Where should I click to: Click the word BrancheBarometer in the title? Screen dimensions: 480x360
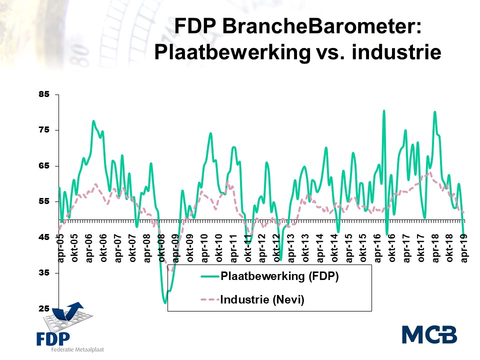click(321, 26)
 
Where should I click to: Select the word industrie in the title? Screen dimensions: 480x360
click(396, 51)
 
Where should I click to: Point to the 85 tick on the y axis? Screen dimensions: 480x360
click(44, 94)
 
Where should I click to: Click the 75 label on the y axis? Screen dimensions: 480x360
click(44, 130)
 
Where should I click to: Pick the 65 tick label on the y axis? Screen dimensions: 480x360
click(44, 165)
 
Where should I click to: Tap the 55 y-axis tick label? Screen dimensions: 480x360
click(44, 201)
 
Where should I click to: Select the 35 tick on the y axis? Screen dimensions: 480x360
click(44, 272)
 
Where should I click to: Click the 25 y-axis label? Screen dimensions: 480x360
click(44, 308)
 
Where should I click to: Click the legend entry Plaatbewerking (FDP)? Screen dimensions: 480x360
click(270, 276)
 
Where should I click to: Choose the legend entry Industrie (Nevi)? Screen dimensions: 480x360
click(252, 299)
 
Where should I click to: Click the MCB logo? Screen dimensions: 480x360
click(429, 335)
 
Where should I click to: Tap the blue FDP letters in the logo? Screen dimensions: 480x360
click(53, 339)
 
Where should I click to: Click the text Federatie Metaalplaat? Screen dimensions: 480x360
click(77, 349)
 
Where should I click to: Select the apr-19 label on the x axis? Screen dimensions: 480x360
click(464, 248)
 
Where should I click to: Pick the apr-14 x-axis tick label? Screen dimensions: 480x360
click(320, 248)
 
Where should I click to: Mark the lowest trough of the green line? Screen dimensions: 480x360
click(165, 303)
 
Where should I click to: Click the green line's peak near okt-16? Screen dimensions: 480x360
click(384, 111)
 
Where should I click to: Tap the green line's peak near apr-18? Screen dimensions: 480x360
click(434, 112)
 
